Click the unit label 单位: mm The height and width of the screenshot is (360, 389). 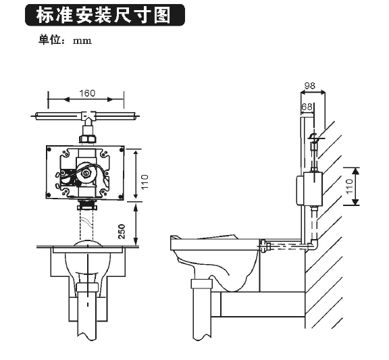(x=64, y=40)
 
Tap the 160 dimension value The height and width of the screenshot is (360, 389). (x=87, y=93)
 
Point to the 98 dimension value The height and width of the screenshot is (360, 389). (x=310, y=85)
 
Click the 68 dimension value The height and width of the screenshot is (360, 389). (x=307, y=107)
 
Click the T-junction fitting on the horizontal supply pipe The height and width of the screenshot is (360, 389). (x=87, y=117)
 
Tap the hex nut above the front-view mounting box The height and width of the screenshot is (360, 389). (x=87, y=139)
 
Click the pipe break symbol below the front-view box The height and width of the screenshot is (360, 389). (x=87, y=207)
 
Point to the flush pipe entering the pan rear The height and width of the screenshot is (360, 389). (x=277, y=246)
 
